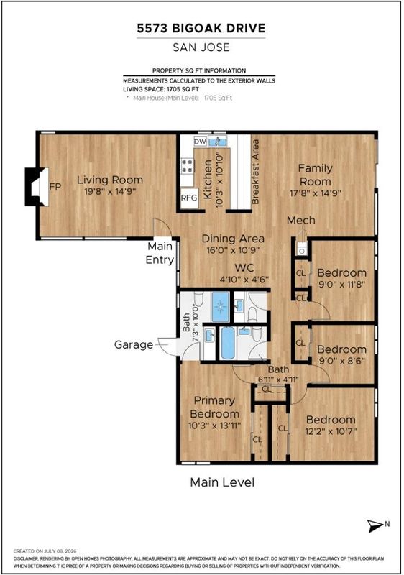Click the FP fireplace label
[55, 187]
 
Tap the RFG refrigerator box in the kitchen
[189, 198]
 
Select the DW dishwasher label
[200, 142]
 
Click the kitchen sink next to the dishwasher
[218, 141]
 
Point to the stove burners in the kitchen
[188, 166]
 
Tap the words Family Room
[316, 175]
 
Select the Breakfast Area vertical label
[255, 172]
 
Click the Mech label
[301, 221]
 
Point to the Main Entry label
[160, 253]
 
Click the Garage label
[134, 345]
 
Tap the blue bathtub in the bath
[228, 343]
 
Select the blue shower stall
[220, 307]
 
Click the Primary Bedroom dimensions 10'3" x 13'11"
[215, 425]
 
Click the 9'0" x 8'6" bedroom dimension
[341, 361]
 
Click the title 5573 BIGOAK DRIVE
[201, 28]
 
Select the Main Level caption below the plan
[222, 482]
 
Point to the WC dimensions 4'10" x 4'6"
[244, 280]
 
